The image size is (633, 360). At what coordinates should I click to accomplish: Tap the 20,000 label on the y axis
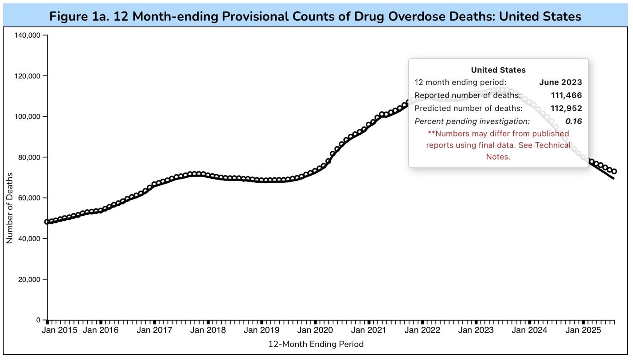[x=29, y=279]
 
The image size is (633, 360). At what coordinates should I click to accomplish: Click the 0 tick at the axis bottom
[x=39, y=320]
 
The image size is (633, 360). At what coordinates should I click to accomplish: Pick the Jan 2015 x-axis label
[x=60, y=330]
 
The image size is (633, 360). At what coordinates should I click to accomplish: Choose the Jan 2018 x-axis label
[x=208, y=330]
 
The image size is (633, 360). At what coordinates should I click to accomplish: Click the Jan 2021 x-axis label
[x=369, y=330]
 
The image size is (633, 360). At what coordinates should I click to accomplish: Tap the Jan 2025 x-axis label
[x=583, y=330]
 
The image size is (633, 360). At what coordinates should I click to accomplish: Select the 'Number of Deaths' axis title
[x=9, y=208]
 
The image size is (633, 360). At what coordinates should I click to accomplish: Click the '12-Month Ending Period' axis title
[x=316, y=344]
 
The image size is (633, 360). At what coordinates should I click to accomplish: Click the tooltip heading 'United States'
[x=498, y=70]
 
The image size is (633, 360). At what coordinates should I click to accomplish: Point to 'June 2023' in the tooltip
[x=560, y=82]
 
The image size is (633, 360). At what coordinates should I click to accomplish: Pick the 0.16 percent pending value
[x=573, y=121]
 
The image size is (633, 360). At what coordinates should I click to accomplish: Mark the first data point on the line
[x=47, y=222]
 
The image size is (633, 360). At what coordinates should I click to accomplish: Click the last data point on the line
[x=614, y=172]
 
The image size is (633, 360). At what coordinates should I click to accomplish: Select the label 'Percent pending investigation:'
[x=472, y=121]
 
